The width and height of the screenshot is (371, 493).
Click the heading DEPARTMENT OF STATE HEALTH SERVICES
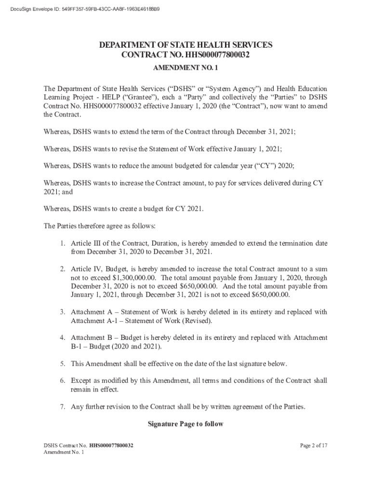185,45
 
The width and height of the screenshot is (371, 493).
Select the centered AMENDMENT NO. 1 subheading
185,68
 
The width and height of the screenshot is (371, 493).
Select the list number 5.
63,363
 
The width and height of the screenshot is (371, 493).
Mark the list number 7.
63,407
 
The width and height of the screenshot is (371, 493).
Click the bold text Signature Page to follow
185,424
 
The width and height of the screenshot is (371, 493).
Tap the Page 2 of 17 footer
313,446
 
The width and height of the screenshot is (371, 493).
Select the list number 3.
63,312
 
